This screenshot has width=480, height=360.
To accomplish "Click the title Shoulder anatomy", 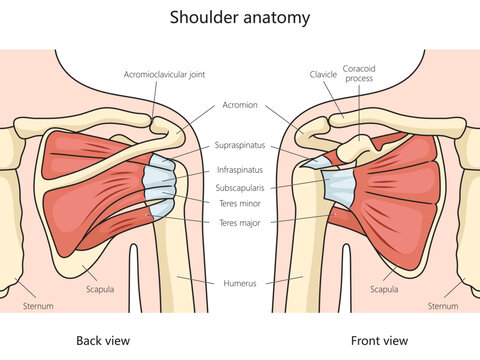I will (x=240, y=17).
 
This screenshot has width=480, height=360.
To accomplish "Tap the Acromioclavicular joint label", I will (x=166, y=74).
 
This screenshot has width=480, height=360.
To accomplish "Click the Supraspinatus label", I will (x=240, y=144).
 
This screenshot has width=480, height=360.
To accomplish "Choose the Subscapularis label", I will (x=240, y=188).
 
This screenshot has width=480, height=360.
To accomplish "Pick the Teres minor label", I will (x=240, y=203).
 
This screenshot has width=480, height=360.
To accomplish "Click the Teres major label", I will (x=240, y=222).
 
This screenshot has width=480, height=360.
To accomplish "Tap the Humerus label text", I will (x=240, y=283).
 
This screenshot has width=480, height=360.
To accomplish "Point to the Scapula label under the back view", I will (x=99, y=290).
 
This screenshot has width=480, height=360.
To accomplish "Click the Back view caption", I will (x=103, y=341).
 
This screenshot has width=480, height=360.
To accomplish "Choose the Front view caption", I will (x=379, y=341).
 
